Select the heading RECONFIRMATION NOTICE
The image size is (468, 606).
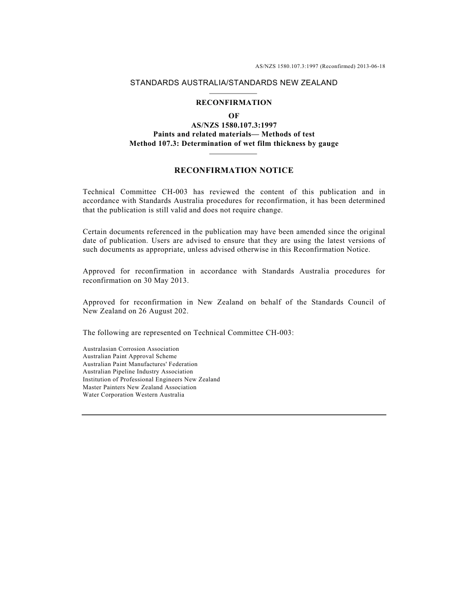[x=234, y=170]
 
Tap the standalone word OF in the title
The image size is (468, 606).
[x=234, y=116]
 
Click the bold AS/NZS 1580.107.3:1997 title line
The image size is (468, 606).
[x=234, y=125]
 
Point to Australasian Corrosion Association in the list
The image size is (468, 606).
[x=131, y=349]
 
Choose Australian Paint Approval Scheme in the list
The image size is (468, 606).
[x=130, y=356]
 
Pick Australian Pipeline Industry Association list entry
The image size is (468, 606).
[x=138, y=371]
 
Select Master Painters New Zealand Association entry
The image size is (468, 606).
[x=139, y=387]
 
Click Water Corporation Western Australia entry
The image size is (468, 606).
[x=134, y=395]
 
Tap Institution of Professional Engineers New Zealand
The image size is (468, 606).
[x=151, y=379]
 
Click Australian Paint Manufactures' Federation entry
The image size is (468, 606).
[x=140, y=364]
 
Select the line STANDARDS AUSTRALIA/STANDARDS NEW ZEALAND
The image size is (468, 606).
[x=234, y=83]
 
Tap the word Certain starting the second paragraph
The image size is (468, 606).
[x=96, y=232]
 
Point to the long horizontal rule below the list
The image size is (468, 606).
[x=234, y=415]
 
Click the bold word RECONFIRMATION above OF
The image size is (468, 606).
[x=234, y=103]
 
